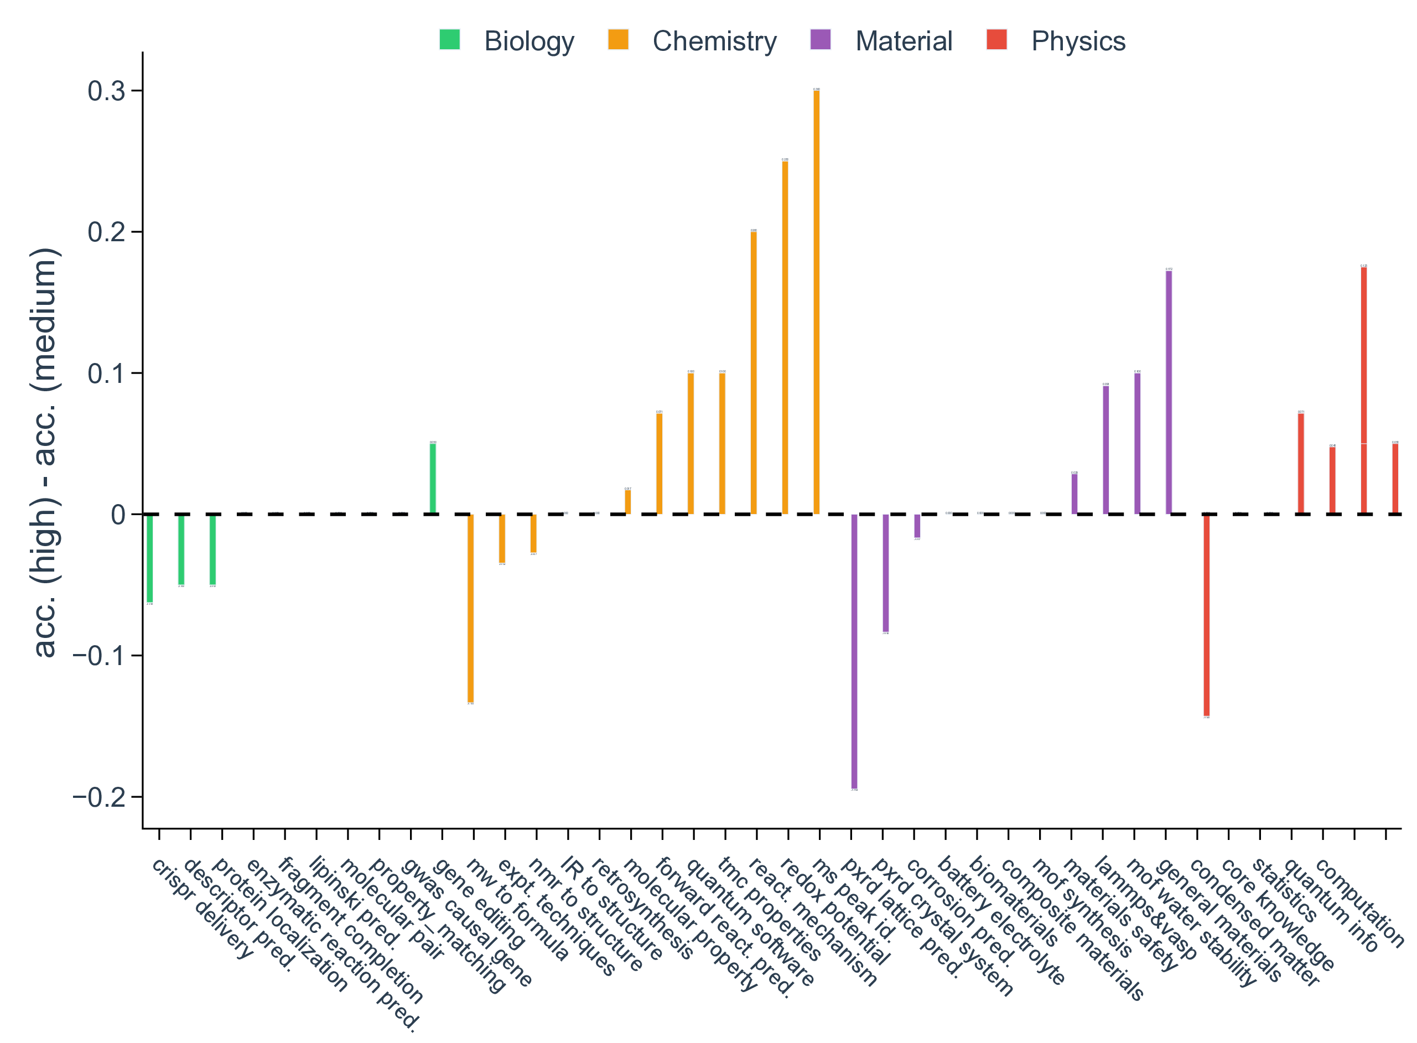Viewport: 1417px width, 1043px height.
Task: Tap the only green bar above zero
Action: [x=433, y=479]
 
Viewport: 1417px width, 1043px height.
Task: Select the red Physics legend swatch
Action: [x=996, y=40]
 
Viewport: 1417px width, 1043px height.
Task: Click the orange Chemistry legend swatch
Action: [x=618, y=40]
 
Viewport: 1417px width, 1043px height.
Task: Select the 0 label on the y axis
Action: [x=118, y=515]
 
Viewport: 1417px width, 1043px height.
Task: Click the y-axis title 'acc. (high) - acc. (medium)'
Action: [x=45, y=452]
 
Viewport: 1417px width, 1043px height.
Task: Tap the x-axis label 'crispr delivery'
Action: [x=202, y=909]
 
